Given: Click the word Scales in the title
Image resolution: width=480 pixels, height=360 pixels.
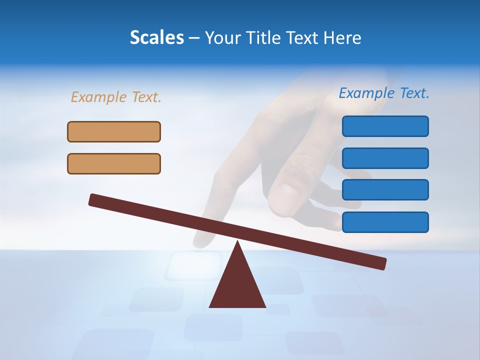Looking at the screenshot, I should tap(157, 37).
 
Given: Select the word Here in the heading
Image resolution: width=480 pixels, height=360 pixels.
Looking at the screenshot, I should tap(342, 37).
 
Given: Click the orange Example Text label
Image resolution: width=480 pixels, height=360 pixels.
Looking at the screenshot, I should tap(116, 97).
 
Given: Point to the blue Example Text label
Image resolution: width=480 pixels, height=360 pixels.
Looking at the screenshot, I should tap(384, 93).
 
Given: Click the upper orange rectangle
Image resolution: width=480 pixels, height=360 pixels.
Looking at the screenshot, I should tap(114, 131).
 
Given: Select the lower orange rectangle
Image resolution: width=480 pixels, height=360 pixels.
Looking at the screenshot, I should tap(114, 163).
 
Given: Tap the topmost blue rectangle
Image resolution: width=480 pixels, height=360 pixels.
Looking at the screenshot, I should tap(385, 126).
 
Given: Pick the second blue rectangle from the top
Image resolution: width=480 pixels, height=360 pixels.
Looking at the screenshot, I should tap(385, 158).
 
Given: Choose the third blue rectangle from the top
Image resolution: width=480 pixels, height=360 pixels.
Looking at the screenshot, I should tap(385, 189).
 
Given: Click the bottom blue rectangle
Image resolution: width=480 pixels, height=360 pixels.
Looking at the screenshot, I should tap(385, 222).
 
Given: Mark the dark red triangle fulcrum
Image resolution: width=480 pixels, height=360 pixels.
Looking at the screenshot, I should tap(237, 285).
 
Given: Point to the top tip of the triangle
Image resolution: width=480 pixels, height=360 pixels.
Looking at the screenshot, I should tap(238, 242).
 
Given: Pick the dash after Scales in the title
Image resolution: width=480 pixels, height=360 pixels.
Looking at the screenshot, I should tap(194, 38).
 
